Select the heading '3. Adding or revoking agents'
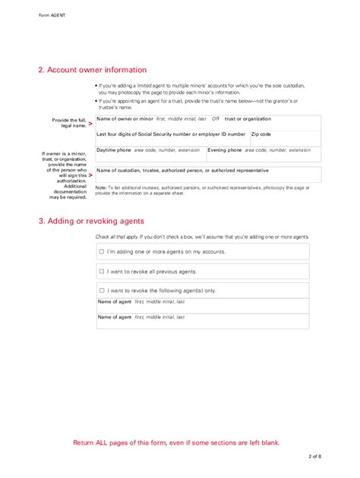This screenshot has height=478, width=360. pyautogui.click(x=93, y=222)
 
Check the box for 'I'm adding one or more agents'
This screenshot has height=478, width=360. pyautogui.click(x=101, y=251)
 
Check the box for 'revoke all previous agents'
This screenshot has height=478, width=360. pyautogui.click(x=101, y=271)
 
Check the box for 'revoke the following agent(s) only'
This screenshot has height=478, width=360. pyautogui.click(x=101, y=290)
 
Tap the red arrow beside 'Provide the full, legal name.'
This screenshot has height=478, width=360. pyautogui.click(x=90, y=123)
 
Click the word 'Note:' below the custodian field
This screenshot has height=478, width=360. pyautogui.click(x=101, y=187)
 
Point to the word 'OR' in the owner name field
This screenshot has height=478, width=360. pyautogui.click(x=215, y=119)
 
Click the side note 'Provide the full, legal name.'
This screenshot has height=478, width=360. pyautogui.click(x=68, y=123)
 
